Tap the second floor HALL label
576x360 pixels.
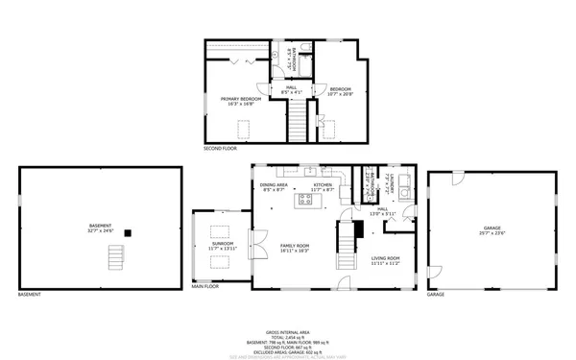(291, 90)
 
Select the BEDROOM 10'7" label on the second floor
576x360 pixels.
(341, 91)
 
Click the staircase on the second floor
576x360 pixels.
(298, 121)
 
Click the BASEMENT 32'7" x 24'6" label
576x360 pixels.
(101, 228)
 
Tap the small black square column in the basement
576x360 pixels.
(139, 231)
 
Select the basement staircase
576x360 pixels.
(117, 257)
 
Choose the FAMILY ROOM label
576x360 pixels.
(295, 247)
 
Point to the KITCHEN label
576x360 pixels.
(322, 186)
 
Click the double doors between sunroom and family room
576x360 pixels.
(253, 247)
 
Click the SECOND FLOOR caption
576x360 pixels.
(219, 148)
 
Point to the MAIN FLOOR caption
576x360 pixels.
(205, 286)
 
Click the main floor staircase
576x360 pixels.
(346, 246)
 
